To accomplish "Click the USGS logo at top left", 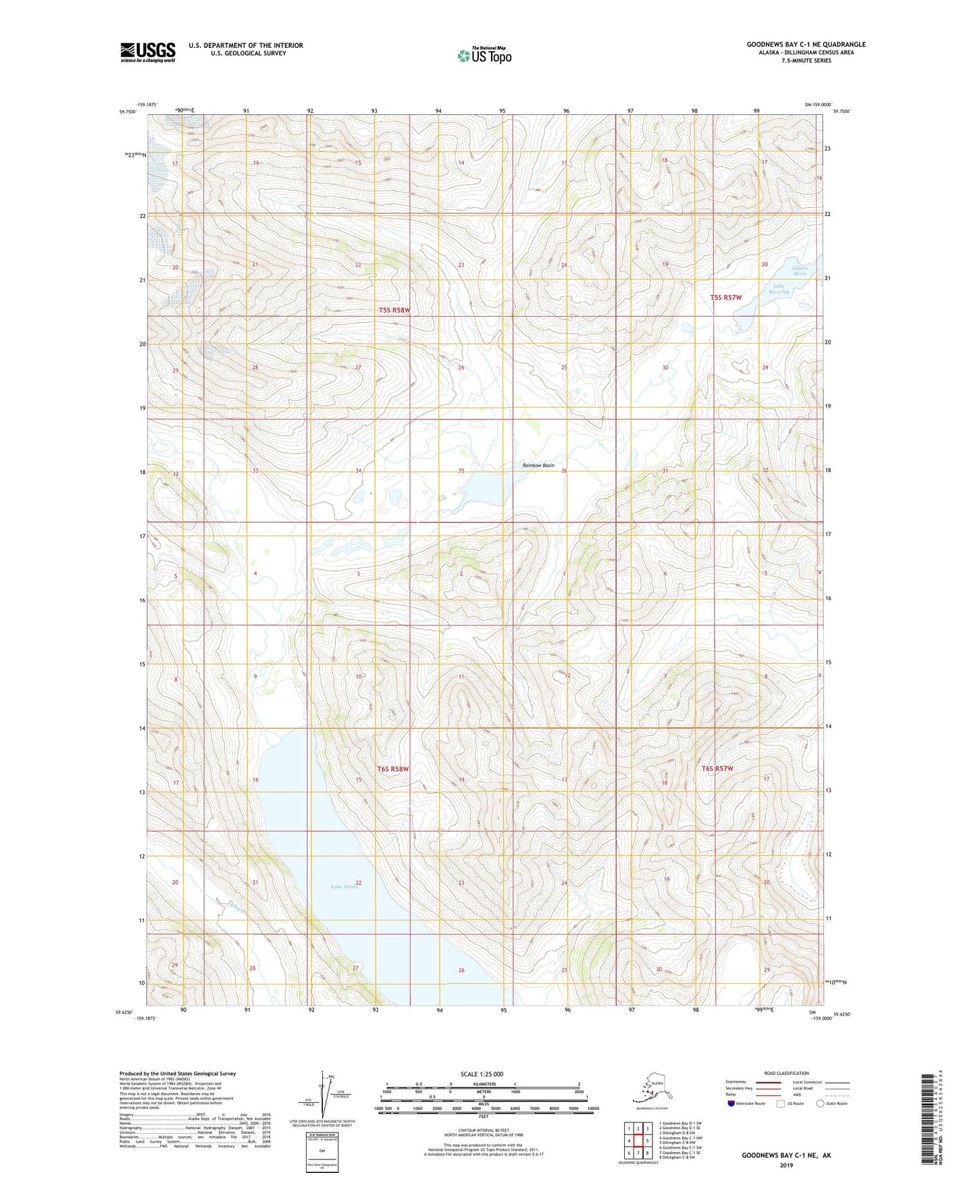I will (147, 52).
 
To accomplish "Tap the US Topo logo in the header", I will (484, 55).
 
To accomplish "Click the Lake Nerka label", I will (344, 887).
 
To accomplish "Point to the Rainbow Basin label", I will (538, 465).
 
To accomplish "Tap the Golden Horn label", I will (800, 271).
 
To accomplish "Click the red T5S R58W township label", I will (394, 310).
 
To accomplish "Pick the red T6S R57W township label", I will (717, 768).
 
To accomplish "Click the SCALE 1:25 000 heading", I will (482, 1074).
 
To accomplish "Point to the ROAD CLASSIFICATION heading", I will (786, 1073).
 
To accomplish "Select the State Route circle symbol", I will (821, 1103).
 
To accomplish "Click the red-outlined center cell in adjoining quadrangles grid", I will (638, 1141).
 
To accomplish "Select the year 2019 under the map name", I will (786, 1165).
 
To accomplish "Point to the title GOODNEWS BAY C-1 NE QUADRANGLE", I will (806, 45).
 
